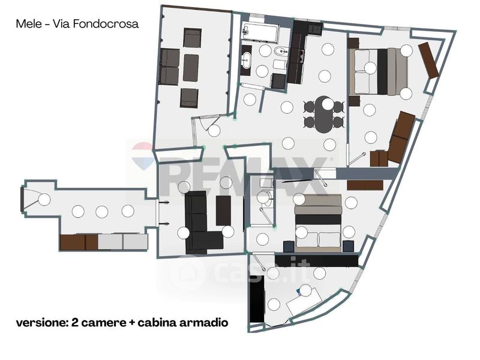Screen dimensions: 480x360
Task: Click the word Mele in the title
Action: pyautogui.click(x=27, y=25)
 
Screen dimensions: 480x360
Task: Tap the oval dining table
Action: pyautogui.click(x=324, y=113)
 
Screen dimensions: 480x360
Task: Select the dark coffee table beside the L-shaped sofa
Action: pyautogui.click(x=224, y=210)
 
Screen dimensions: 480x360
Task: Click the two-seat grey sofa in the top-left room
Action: pyautogui.click(x=170, y=67)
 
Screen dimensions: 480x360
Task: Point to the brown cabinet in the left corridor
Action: pyautogui.click(x=79, y=242)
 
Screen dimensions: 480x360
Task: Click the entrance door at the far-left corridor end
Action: pyautogui.click(x=22, y=199)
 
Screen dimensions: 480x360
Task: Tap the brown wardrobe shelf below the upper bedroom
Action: pyautogui.click(x=364, y=185)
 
